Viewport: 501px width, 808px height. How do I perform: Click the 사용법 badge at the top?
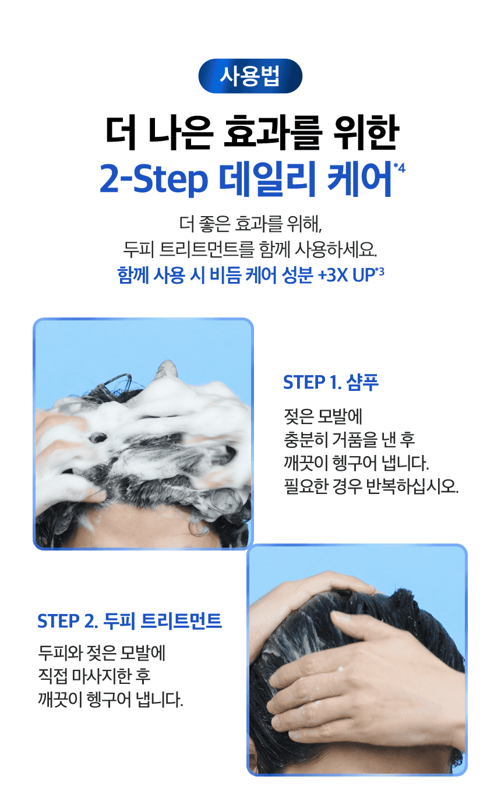point(250,76)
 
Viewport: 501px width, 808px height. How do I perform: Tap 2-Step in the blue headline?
point(153,179)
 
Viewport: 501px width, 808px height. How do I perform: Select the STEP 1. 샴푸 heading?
point(330,383)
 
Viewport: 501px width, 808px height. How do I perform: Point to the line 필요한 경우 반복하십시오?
point(370,486)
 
